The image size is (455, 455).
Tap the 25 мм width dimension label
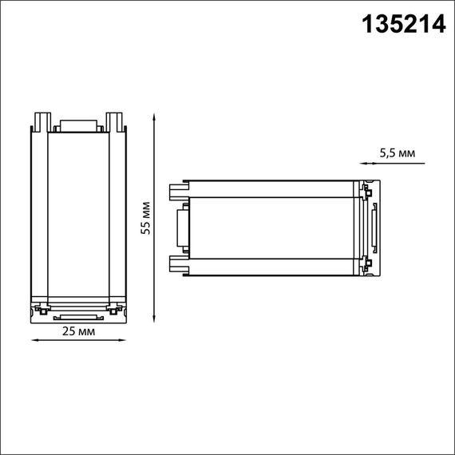point(78,330)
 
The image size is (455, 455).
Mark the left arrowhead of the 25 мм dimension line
point(34,340)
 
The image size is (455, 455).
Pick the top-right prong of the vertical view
point(117,121)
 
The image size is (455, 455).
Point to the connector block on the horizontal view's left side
point(182,228)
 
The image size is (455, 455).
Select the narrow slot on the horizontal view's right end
point(373,228)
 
